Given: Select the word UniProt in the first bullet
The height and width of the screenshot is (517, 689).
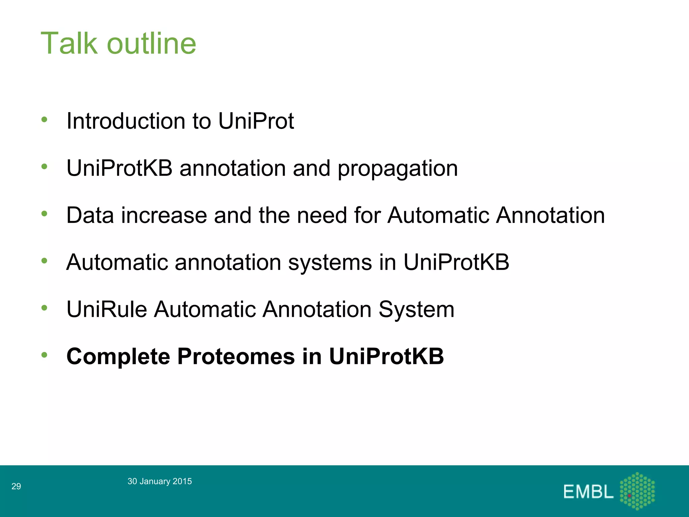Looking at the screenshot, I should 256,121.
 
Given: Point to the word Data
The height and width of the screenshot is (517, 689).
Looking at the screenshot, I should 90,215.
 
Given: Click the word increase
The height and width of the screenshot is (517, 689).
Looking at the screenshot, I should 164,215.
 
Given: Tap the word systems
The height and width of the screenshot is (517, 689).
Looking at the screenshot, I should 330,263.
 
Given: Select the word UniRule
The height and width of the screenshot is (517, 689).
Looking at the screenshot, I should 107,309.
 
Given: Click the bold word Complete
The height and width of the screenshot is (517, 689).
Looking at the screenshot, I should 118,356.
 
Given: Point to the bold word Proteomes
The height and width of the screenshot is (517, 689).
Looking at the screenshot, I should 236,356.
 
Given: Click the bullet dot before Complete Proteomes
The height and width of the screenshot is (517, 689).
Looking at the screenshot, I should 44,355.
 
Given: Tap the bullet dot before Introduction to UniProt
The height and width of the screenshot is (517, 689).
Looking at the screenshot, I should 44,119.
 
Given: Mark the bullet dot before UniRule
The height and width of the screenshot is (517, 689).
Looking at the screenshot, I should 44,308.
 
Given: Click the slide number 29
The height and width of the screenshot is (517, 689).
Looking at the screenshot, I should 16,486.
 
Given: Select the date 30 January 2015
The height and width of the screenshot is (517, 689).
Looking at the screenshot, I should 159,481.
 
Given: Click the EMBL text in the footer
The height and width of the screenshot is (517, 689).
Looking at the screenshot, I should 588,492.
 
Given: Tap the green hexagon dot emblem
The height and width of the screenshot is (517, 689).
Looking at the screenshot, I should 637,491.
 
